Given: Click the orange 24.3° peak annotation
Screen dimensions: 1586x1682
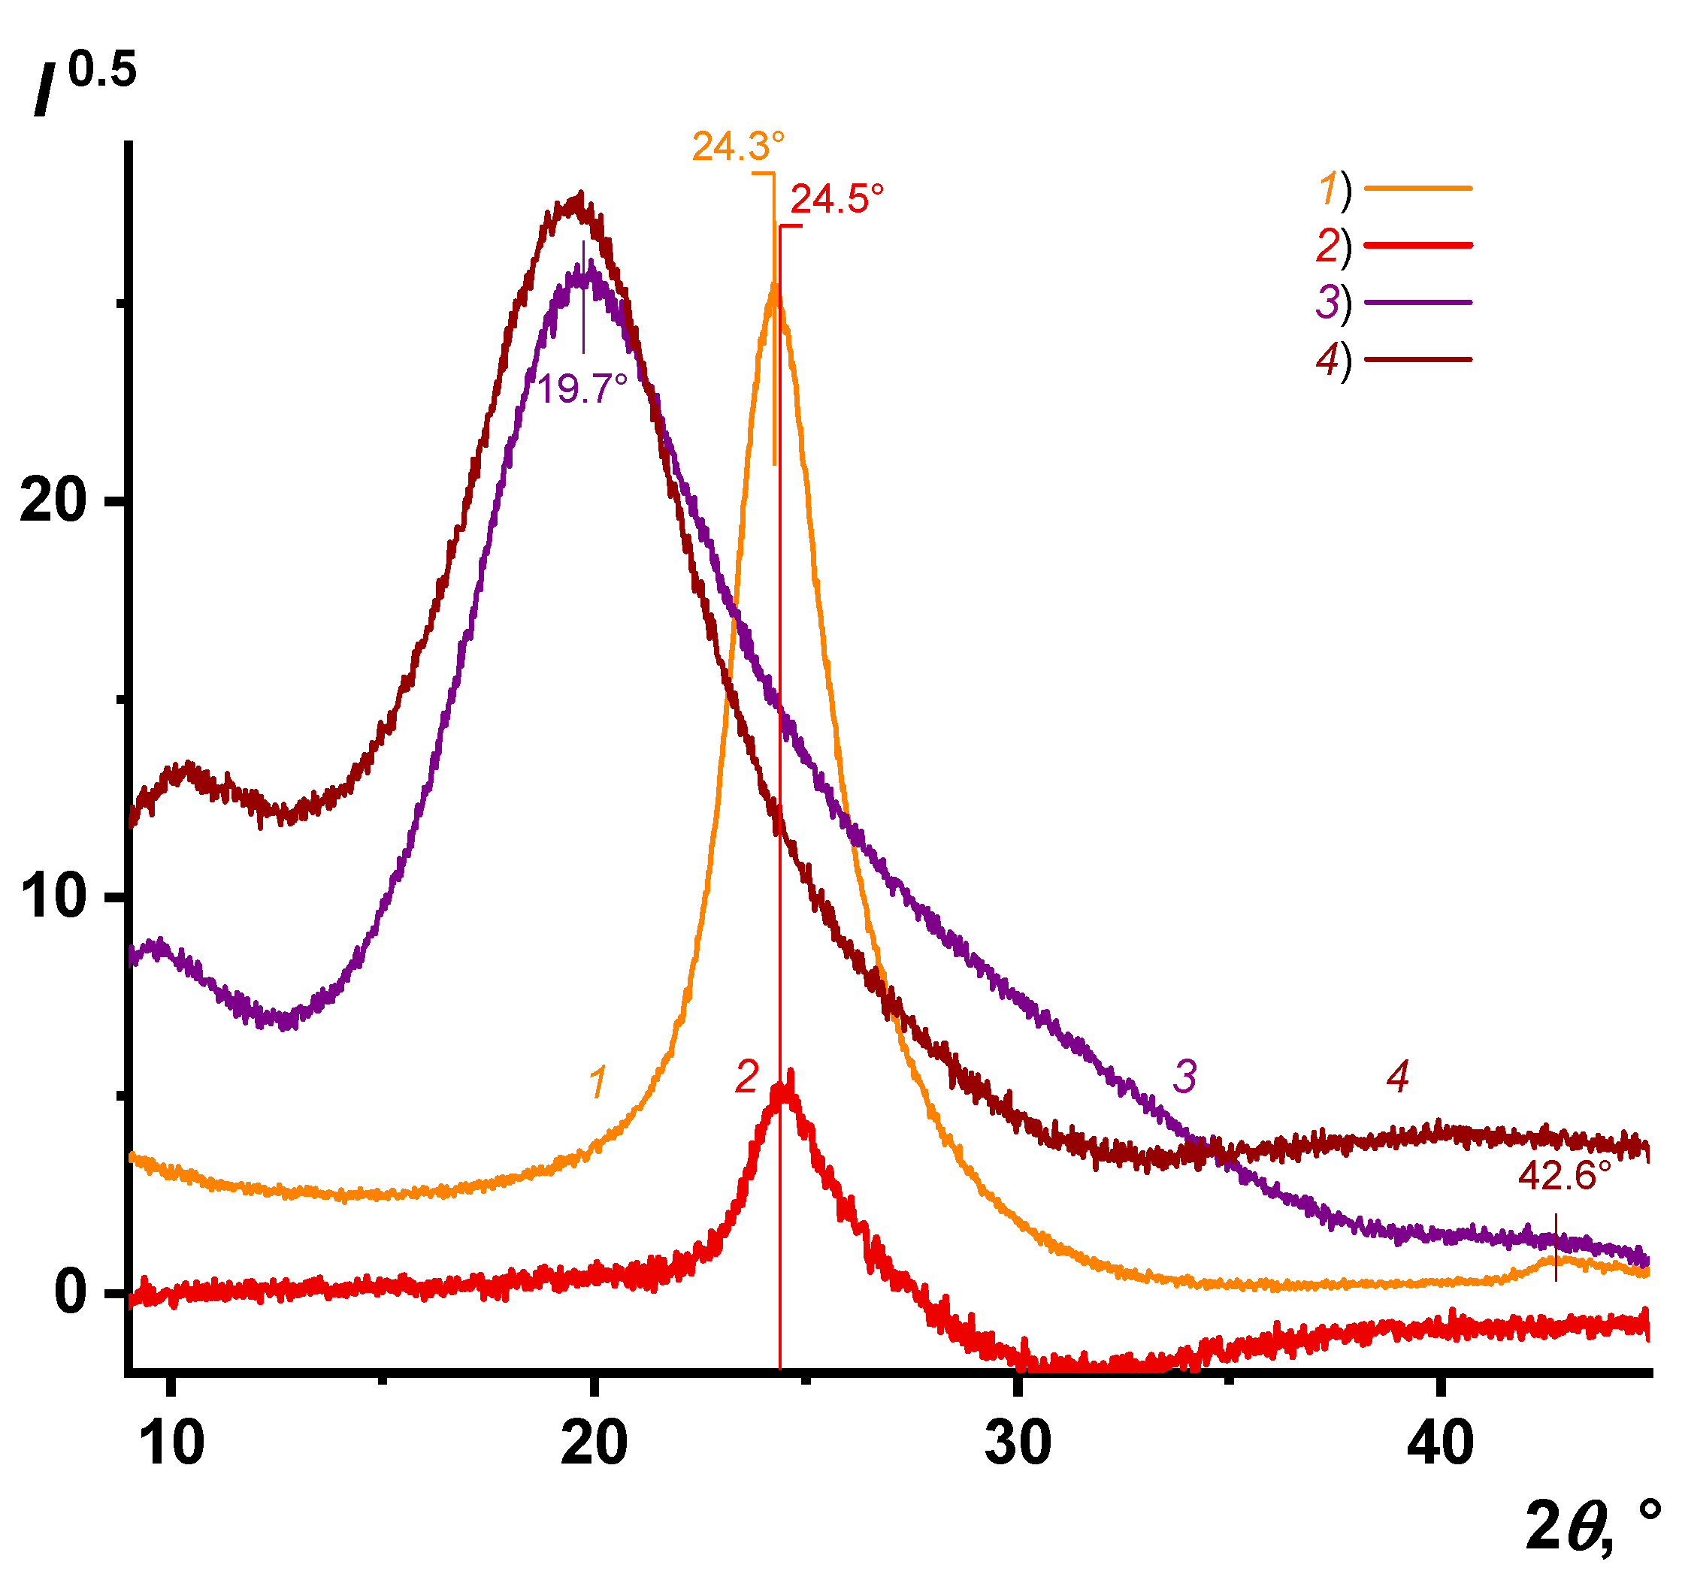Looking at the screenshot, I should point(737,147).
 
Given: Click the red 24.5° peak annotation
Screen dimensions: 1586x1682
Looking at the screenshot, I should point(836,200).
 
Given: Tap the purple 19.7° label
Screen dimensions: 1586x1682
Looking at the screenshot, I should point(582,390).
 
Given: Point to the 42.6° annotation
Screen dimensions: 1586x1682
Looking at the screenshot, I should point(1563,1177).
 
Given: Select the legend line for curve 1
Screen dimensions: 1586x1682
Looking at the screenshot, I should point(1418,188).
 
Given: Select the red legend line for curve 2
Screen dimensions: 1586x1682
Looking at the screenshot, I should point(1418,246).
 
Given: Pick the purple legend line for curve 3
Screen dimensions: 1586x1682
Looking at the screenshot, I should point(1418,302).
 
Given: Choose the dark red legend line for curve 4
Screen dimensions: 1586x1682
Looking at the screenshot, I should point(1418,359).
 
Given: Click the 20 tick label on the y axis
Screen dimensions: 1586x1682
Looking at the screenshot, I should point(53,501).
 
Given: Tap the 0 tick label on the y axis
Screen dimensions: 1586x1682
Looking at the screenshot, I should point(69,1292).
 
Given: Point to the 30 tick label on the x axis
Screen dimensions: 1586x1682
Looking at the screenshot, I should point(1018,1443).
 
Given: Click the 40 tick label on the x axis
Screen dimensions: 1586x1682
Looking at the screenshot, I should point(1440,1443).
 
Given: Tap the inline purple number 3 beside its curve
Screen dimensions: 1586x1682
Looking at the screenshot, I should point(1184,1077).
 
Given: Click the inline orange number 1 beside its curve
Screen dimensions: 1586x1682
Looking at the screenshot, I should point(597,1082).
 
